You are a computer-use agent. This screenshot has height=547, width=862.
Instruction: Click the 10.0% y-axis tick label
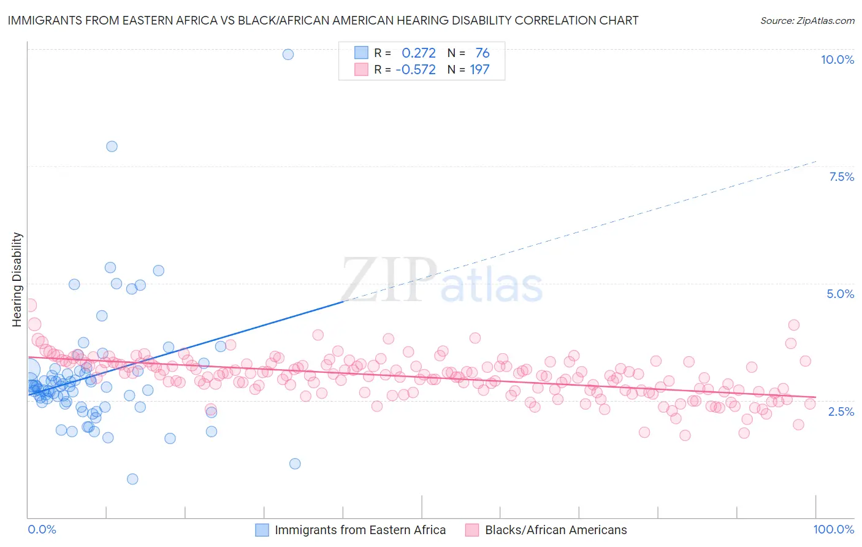coord(837,59)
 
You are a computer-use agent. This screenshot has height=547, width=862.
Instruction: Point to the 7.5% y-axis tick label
coord(841,177)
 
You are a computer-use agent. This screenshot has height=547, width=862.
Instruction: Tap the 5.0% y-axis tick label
coord(840,294)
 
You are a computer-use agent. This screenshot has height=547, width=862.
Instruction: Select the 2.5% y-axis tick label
coord(841,411)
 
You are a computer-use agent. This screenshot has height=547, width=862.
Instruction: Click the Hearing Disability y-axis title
coord(17,280)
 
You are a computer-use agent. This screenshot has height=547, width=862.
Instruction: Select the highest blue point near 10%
coord(288,55)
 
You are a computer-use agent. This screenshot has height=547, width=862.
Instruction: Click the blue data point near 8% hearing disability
coord(112,147)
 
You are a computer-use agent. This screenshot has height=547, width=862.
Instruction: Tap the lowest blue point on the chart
coord(132,479)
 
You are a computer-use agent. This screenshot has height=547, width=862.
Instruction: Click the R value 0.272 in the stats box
coord(418,53)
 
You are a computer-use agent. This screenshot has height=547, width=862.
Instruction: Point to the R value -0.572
coord(415,70)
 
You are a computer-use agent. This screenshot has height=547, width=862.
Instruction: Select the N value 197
coord(479,70)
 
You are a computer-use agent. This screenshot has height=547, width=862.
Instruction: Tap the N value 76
coord(482,53)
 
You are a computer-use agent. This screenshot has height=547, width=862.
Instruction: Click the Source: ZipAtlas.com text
coord(807,21)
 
